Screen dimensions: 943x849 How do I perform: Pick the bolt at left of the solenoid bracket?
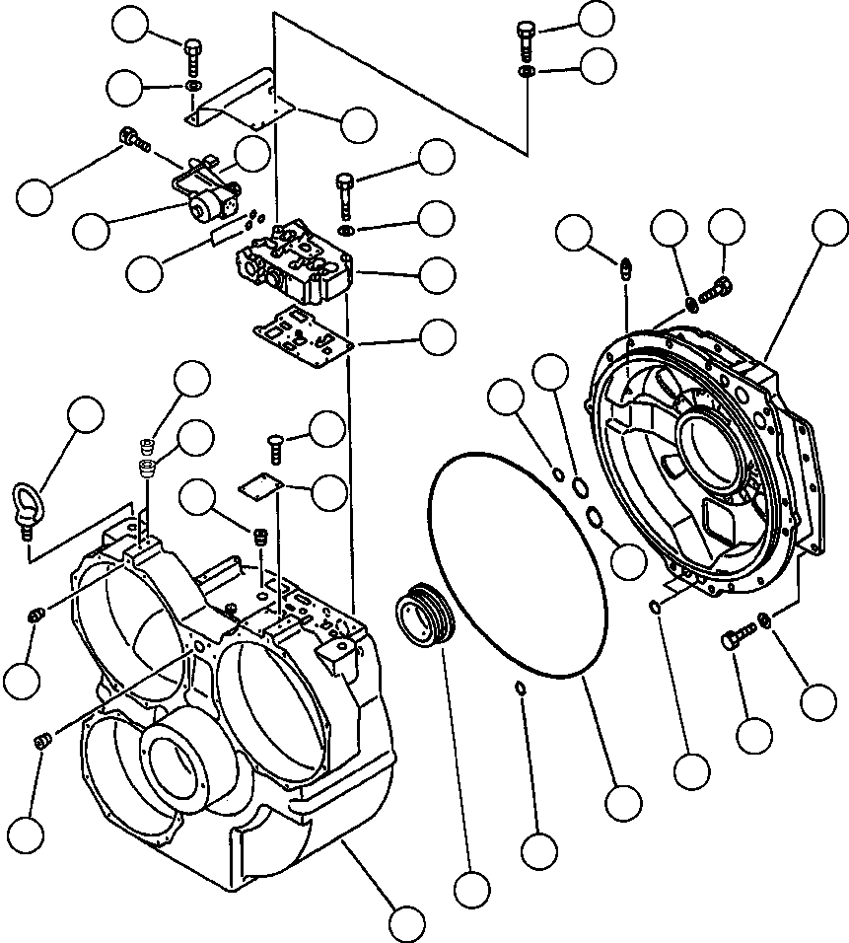coord(131,139)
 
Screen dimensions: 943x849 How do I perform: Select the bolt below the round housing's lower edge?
coord(733,638)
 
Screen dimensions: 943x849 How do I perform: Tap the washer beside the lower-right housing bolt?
coord(763,621)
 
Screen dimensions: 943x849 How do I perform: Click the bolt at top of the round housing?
coord(717,290)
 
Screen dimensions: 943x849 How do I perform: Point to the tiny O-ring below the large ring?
coord(520,688)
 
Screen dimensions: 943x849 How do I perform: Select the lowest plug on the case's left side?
coord(42,742)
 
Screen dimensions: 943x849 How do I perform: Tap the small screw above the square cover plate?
coord(274,445)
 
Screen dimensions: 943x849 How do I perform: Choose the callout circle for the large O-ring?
coord(624,801)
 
